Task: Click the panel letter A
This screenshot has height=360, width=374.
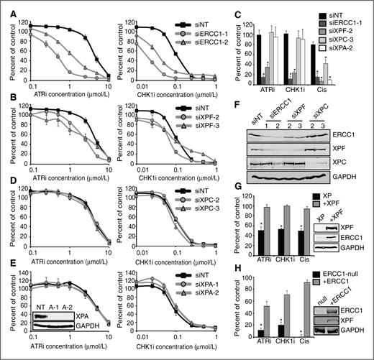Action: click(x=7, y=6)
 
